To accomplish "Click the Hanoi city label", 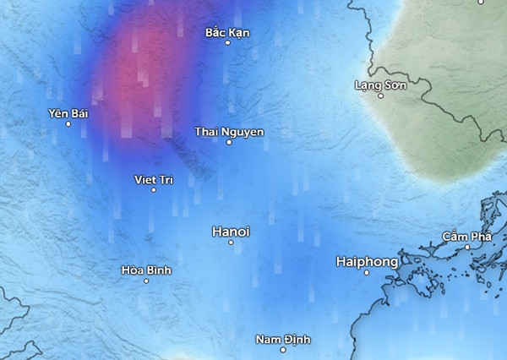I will (231, 231).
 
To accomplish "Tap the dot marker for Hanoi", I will (231, 243).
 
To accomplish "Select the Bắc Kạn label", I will (227, 32).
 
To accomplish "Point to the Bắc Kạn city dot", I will (227, 42).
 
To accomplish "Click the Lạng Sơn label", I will (380, 85).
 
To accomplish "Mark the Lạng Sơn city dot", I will (380, 95).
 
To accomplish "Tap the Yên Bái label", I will (68, 113).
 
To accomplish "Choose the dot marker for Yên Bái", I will (68, 124).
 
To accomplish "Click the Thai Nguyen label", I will (229, 132).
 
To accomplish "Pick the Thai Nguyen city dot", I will (229, 142).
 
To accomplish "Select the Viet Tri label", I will (154, 179).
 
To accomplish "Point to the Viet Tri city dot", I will (154, 190).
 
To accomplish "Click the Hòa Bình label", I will (146, 270).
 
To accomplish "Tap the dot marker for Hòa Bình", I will (146, 281).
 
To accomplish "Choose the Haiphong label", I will (367, 261).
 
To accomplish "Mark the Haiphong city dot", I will (367, 272).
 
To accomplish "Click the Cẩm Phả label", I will (467, 237).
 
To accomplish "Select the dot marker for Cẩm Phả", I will (467, 247).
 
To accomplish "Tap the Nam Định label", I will (283, 339).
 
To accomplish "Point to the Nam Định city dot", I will (283, 349).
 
